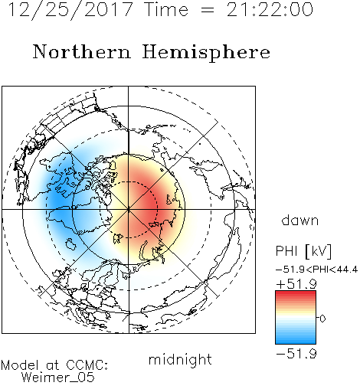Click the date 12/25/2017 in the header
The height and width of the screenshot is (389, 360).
pyautogui.click(x=70, y=9)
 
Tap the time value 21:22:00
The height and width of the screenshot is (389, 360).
pyautogui.click(x=270, y=9)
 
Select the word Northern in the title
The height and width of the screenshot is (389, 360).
pyautogui.click(x=82, y=52)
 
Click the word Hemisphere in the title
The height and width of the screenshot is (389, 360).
pyautogui.click(x=206, y=52)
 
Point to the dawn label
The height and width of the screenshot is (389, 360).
pyautogui.click(x=300, y=221)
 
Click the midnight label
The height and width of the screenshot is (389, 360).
pyautogui.click(x=180, y=360)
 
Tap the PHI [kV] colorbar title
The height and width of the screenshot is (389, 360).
pyautogui.click(x=303, y=251)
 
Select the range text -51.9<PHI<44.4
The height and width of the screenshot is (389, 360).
pyautogui.click(x=316, y=270)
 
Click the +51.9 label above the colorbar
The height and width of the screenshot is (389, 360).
pyautogui.click(x=296, y=284)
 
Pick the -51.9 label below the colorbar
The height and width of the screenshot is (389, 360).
pyautogui.click(x=296, y=354)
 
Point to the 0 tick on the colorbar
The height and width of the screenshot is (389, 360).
pyautogui.click(x=322, y=319)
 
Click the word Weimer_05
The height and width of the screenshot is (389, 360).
pyautogui.click(x=58, y=378)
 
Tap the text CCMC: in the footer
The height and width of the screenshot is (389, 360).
pyautogui.click(x=87, y=365)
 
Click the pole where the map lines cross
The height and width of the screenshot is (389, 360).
pyautogui.click(x=129, y=209)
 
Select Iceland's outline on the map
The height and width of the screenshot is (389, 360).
pyautogui.click(x=71, y=244)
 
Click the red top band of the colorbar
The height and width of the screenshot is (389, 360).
pyautogui.click(x=296, y=293)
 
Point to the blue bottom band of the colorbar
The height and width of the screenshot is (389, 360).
pyautogui.click(x=296, y=341)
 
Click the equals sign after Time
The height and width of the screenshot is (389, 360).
pyautogui.click(x=207, y=11)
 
